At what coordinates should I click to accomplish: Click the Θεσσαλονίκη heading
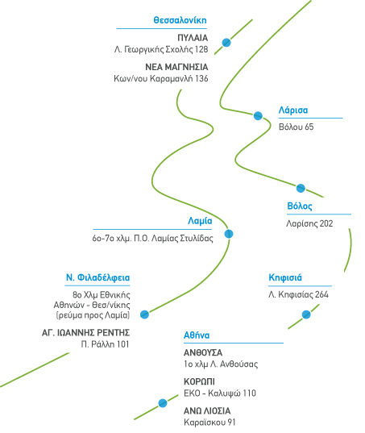(180, 20)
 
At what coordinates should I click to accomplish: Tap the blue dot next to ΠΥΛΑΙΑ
(226, 43)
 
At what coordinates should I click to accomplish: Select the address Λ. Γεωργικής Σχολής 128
(161, 49)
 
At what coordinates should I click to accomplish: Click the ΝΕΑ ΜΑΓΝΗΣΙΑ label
(176, 67)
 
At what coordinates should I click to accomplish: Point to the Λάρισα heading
(293, 110)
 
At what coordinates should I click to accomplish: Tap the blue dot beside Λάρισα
(258, 115)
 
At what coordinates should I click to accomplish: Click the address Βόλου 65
(296, 127)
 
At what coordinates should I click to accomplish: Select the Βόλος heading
(300, 206)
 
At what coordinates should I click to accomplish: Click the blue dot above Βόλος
(301, 188)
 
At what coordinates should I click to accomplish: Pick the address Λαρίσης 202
(309, 223)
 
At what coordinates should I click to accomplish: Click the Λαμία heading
(200, 221)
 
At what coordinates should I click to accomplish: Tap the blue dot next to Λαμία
(229, 234)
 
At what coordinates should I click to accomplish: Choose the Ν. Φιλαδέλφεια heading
(97, 277)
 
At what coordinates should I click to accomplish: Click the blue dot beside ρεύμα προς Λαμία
(144, 314)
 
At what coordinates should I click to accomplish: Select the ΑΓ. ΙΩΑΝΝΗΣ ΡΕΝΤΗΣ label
(85, 333)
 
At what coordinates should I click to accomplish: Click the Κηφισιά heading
(285, 277)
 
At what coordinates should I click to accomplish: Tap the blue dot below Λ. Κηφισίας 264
(306, 314)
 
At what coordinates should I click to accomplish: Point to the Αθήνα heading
(197, 335)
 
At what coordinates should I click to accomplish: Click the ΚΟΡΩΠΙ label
(199, 381)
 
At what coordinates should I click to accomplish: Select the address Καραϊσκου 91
(209, 423)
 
